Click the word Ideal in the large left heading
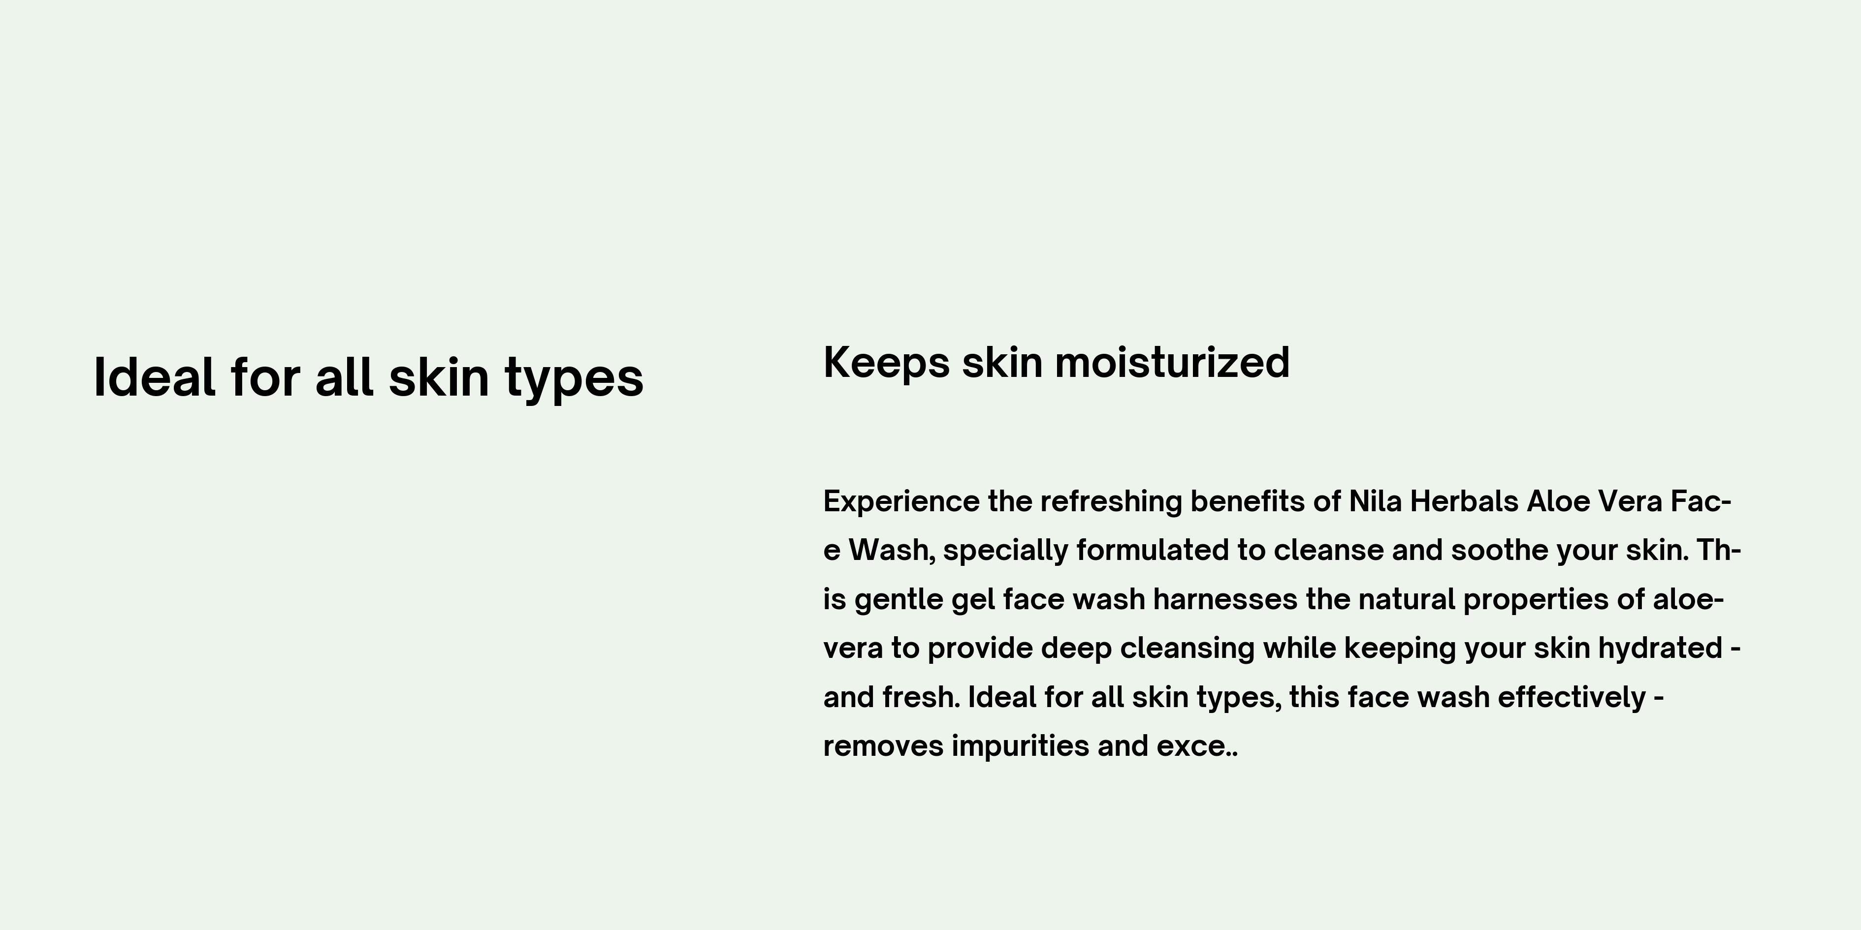point(155,377)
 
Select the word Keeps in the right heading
point(886,363)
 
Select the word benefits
point(1248,500)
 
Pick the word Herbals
point(1464,500)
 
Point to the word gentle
point(898,600)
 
